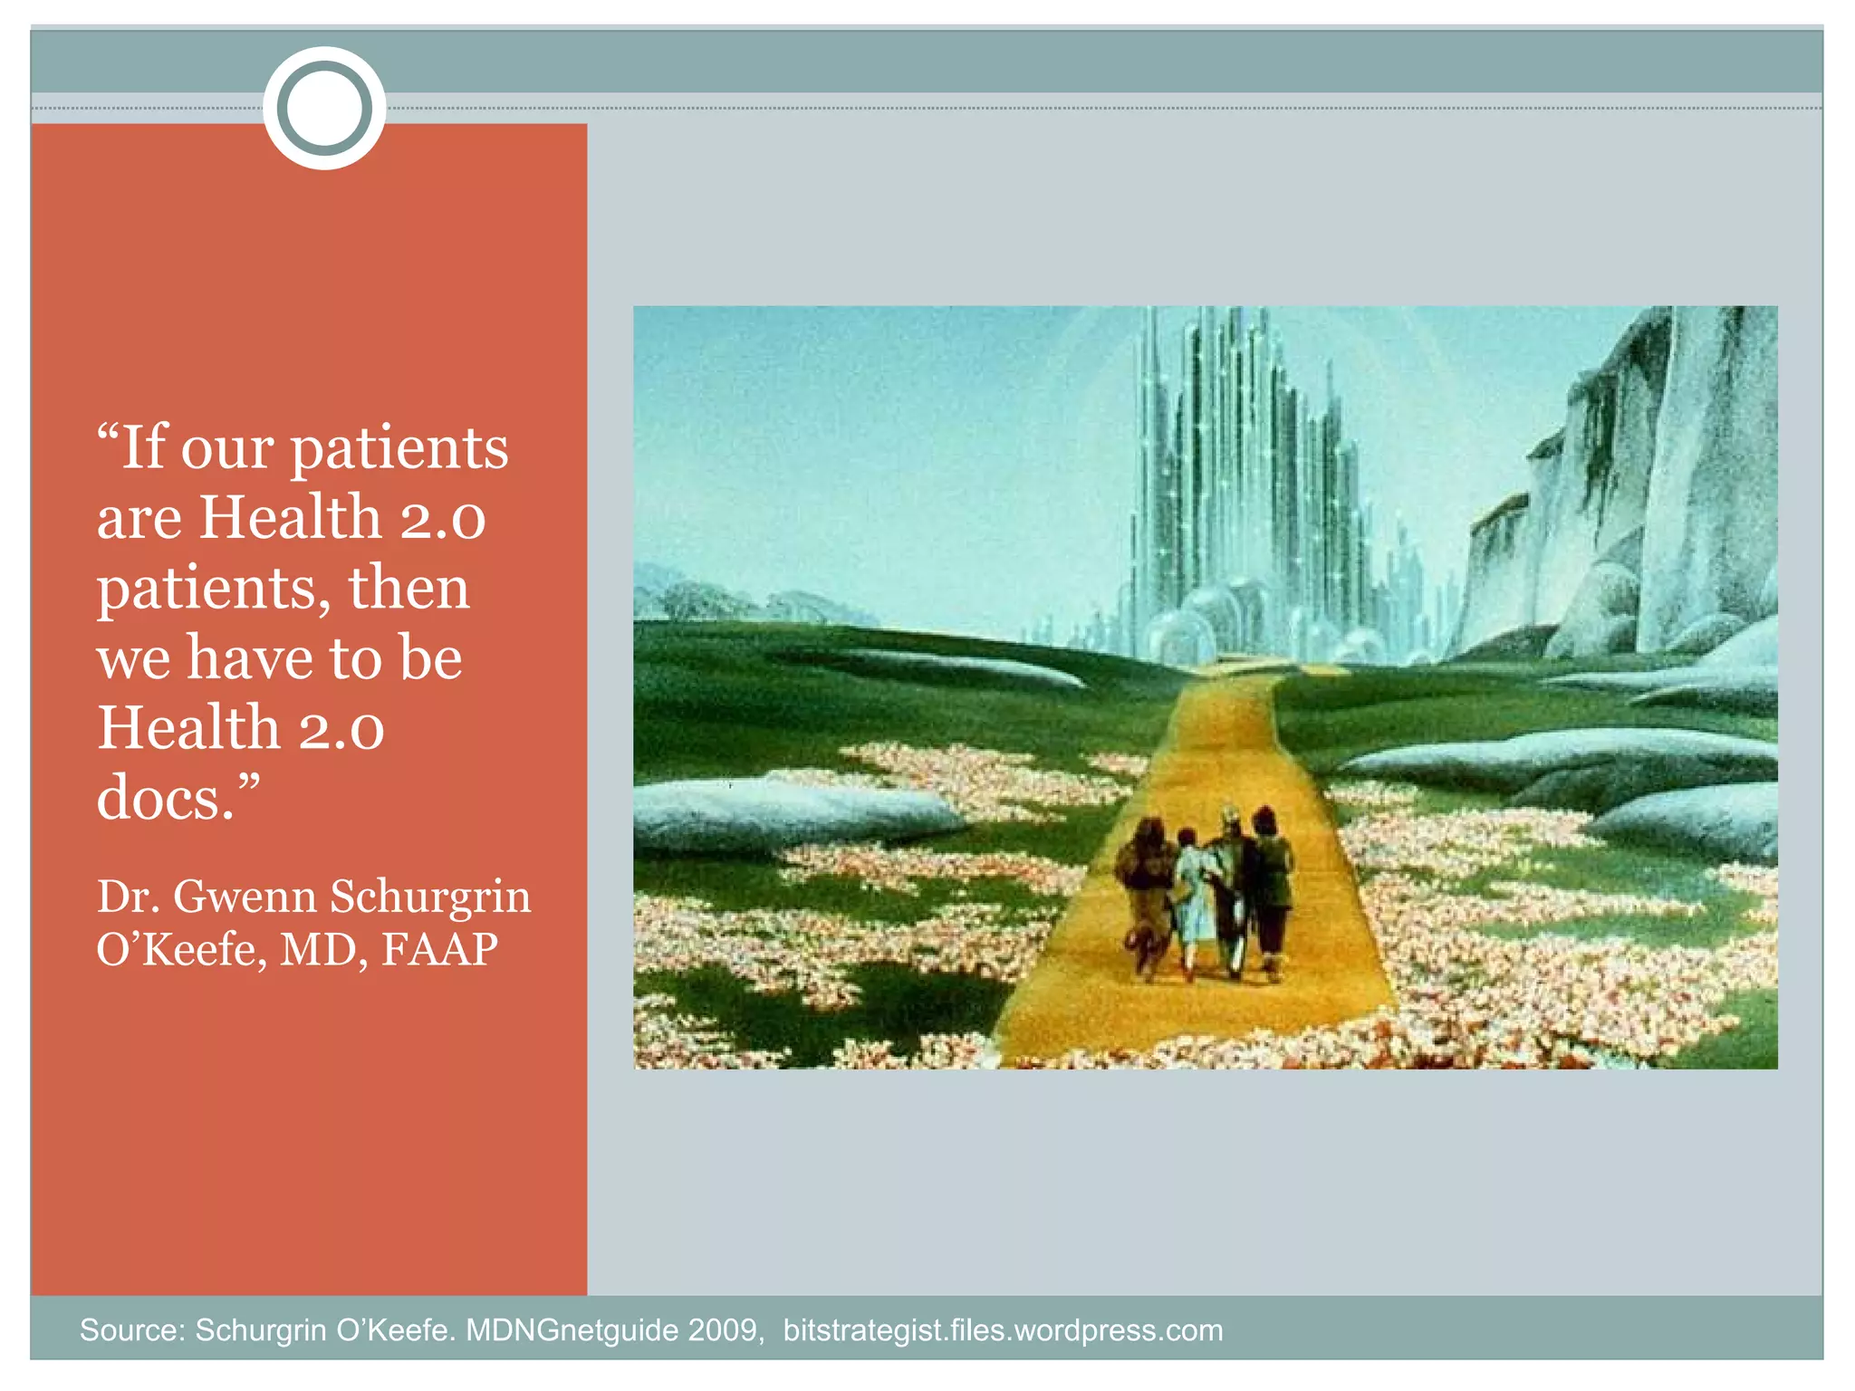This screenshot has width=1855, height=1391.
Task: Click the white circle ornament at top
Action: pos(324,108)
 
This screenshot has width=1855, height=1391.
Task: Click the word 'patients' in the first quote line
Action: pos(399,448)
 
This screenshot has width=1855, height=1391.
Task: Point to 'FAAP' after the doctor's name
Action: pos(439,949)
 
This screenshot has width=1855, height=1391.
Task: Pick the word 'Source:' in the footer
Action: pos(132,1330)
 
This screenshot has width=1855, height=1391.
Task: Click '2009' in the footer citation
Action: pos(722,1330)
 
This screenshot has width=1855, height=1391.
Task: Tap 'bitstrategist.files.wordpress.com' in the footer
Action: pos(1003,1330)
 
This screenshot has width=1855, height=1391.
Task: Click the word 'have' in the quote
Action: pos(244,657)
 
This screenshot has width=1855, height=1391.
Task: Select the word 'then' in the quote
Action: pos(408,588)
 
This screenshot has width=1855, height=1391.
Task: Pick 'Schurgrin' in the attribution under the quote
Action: pos(430,897)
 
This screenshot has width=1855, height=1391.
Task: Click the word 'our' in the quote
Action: pos(227,448)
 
